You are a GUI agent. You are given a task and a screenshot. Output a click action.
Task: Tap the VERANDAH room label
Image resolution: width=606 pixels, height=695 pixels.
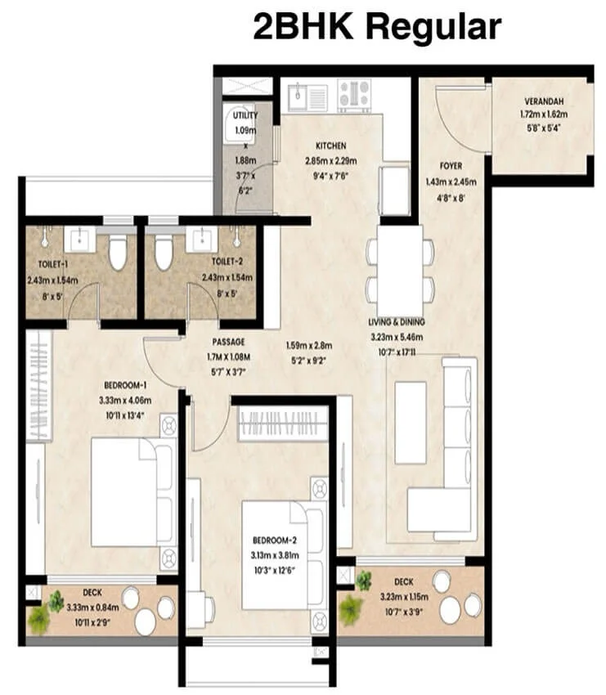tap(544, 102)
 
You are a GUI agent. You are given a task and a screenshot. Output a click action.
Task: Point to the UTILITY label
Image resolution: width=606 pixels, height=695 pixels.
tap(245, 116)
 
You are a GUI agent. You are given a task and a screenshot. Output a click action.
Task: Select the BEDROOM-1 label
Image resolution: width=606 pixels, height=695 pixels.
tap(125, 386)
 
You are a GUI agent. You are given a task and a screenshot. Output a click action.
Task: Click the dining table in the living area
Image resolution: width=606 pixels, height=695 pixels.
tap(401, 263)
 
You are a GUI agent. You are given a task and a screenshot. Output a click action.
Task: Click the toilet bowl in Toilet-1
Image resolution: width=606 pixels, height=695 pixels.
tap(118, 252)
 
